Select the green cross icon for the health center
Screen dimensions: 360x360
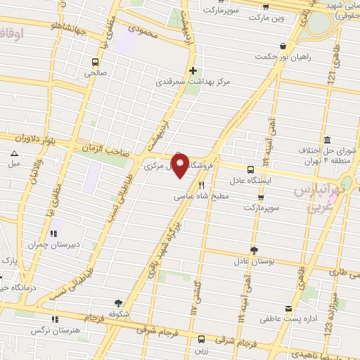click(x=193, y=70)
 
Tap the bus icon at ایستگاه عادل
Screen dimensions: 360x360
click(x=251, y=169)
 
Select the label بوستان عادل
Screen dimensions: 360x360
click(x=252, y=260)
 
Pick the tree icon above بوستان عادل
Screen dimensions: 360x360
click(x=253, y=250)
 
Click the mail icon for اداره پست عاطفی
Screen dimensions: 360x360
click(x=288, y=308)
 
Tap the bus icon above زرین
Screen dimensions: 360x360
click(x=202, y=339)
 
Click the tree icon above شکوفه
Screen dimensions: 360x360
click(x=117, y=303)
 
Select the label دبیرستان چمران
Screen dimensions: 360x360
click(x=51, y=245)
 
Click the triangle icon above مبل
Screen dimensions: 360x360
click(x=14, y=153)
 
